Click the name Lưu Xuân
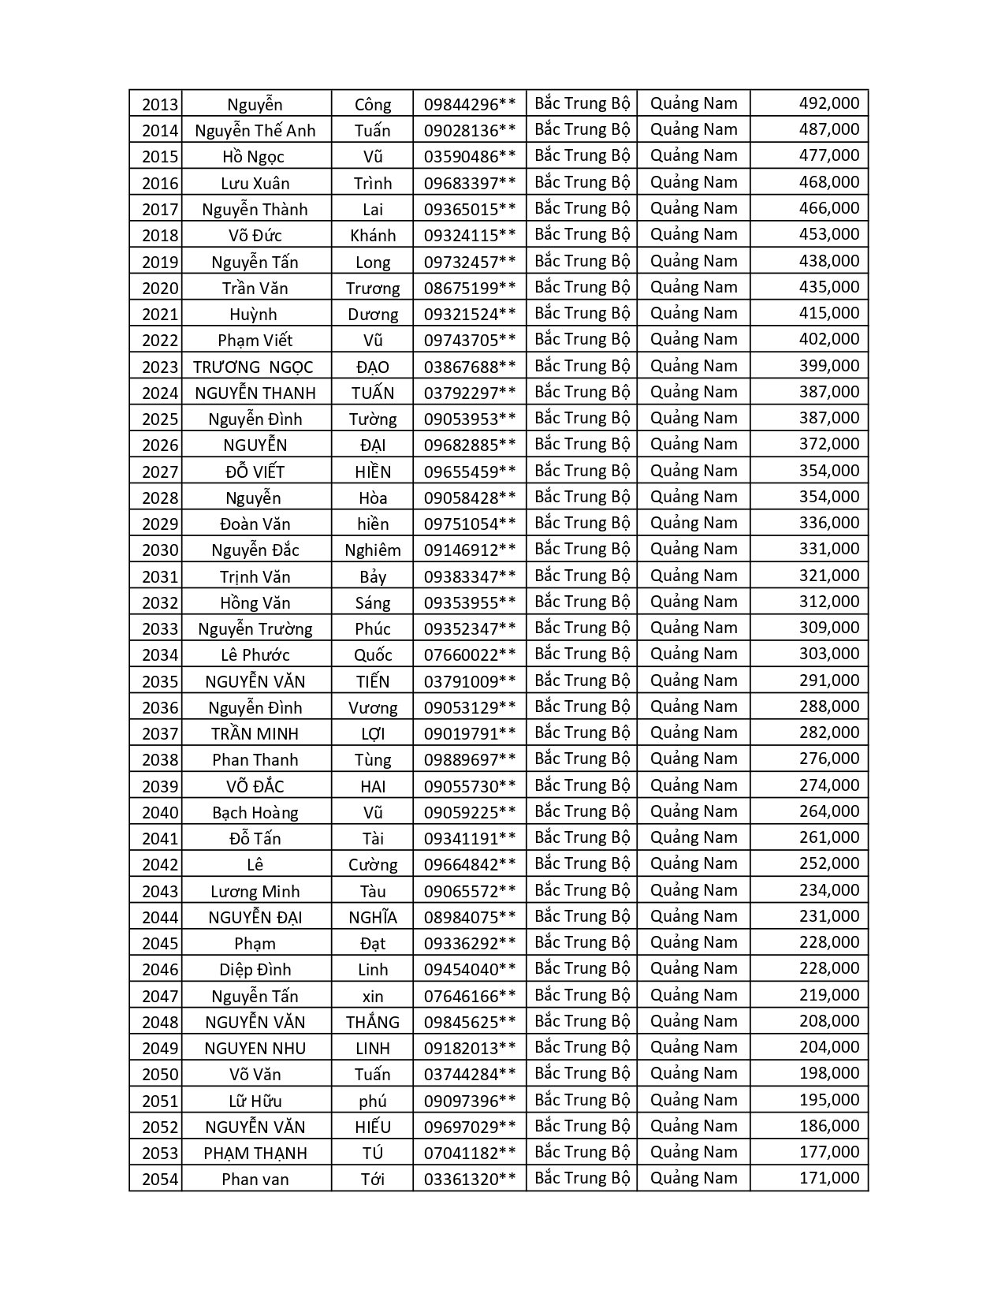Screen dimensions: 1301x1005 pos(255,184)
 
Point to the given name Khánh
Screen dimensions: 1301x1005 pos(373,236)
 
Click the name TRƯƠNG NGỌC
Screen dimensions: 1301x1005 pos(253,367)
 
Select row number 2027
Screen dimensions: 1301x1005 pos(160,472)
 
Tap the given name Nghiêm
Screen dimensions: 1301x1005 pos(373,550)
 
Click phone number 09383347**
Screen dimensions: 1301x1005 pos(470,576)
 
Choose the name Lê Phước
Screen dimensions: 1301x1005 pos(255,655)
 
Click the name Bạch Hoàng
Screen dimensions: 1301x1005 pos(255,813)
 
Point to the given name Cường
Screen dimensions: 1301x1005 pos(373,865)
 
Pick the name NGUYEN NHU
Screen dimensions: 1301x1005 pos(255,1049)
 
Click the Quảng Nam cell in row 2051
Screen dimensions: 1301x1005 pos(694,1100)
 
